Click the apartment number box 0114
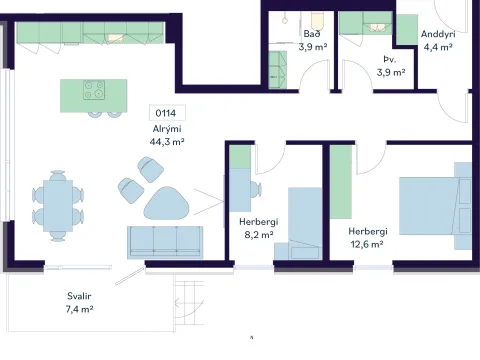167,113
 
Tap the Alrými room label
167,129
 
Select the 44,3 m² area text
167,142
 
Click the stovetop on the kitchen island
94,90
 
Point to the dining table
58,205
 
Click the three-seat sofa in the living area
165,243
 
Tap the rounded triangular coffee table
166,203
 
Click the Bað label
312,34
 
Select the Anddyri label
438,34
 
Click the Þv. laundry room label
390,60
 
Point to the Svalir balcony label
79,296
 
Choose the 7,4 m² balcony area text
79,309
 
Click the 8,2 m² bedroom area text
259,235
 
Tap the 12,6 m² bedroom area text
367,244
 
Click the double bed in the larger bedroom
435,206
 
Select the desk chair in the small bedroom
256,189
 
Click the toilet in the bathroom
316,21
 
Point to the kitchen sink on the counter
116,38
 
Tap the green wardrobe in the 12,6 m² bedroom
341,182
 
